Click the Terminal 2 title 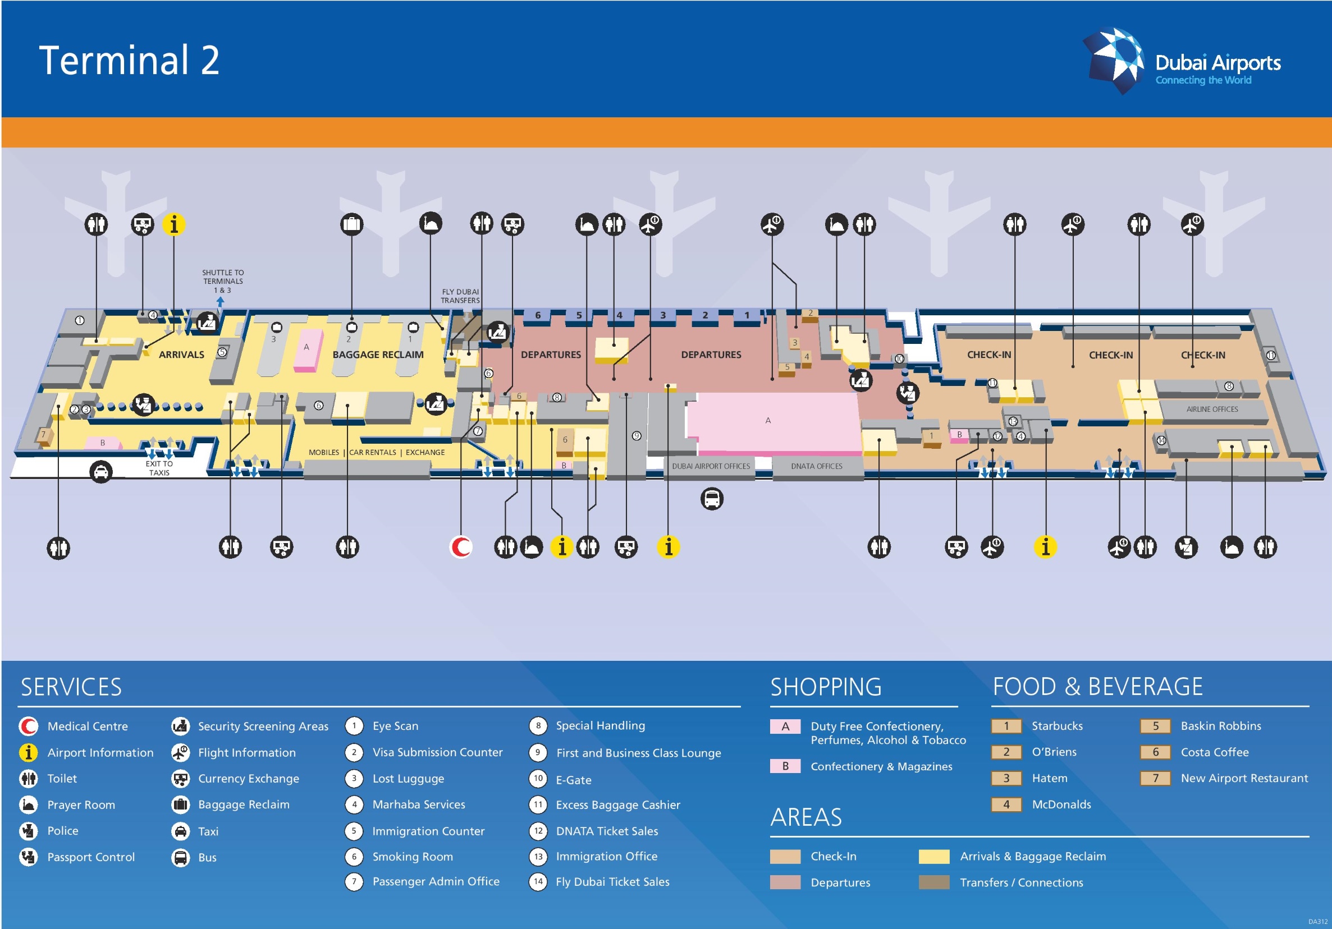(129, 61)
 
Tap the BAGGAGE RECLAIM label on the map (378, 355)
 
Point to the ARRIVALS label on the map (181, 355)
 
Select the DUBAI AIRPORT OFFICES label (711, 466)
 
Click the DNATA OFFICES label (816, 466)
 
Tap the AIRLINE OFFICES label (1212, 410)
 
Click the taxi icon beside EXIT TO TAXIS (101, 472)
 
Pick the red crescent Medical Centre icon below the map (461, 547)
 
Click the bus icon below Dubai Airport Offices (712, 499)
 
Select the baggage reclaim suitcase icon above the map (351, 224)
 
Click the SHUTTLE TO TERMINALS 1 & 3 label (223, 281)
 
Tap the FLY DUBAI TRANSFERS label (460, 296)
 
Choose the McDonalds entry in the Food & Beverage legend (1061, 804)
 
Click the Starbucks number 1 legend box (1006, 726)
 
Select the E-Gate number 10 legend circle (538, 779)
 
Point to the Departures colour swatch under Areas (785, 882)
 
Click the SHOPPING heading (826, 687)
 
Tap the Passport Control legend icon (29, 857)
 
